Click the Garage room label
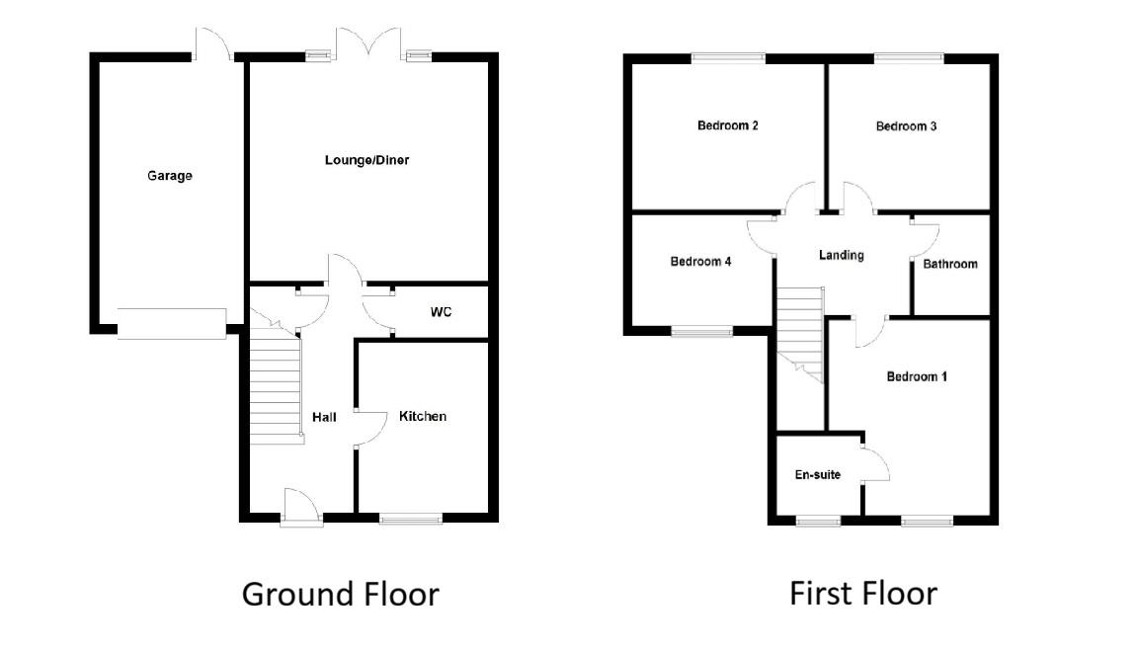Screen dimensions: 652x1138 click(x=170, y=176)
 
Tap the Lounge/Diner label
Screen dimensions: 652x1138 click(x=366, y=160)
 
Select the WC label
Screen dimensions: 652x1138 click(x=441, y=312)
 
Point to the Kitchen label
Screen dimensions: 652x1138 click(x=423, y=416)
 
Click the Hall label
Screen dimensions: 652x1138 click(x=324, y=417)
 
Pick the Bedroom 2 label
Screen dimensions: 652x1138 click(x=727, y=125)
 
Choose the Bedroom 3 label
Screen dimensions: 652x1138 click(x=906, y=126)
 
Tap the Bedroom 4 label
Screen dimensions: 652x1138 click(x=700, y=262)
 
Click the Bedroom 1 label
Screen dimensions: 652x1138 click(x=917, y=376)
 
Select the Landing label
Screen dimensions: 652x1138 click(x=842, y=255)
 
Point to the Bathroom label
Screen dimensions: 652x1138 click(x=950, y=264)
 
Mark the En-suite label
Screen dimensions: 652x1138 click(x=818, y=475)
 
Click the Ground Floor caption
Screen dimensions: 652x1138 click(x=340, y=594)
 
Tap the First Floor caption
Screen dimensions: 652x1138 click(x=862, y=593)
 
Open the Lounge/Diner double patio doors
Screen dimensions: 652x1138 click(x=367, y=44)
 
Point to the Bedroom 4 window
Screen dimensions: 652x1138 click(x=701, y=331)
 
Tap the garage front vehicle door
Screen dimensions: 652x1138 click(x=172, y=323)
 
